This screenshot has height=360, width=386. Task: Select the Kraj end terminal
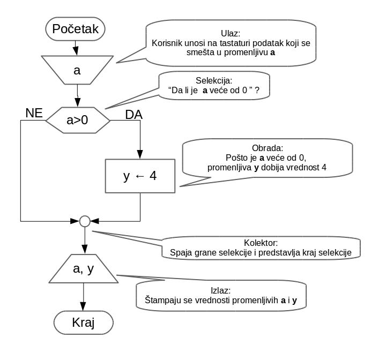coord(83,322)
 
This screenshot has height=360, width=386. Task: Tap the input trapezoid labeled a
coord(77,70)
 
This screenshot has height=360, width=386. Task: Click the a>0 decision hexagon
coord(77,121)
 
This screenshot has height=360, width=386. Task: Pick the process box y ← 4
coord(140,175)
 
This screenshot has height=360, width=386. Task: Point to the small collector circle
coord(84,220)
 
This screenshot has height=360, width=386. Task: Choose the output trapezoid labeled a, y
coord(83,269)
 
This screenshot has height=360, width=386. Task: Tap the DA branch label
coord(133,114)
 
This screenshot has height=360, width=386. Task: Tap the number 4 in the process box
coord(153,175)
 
